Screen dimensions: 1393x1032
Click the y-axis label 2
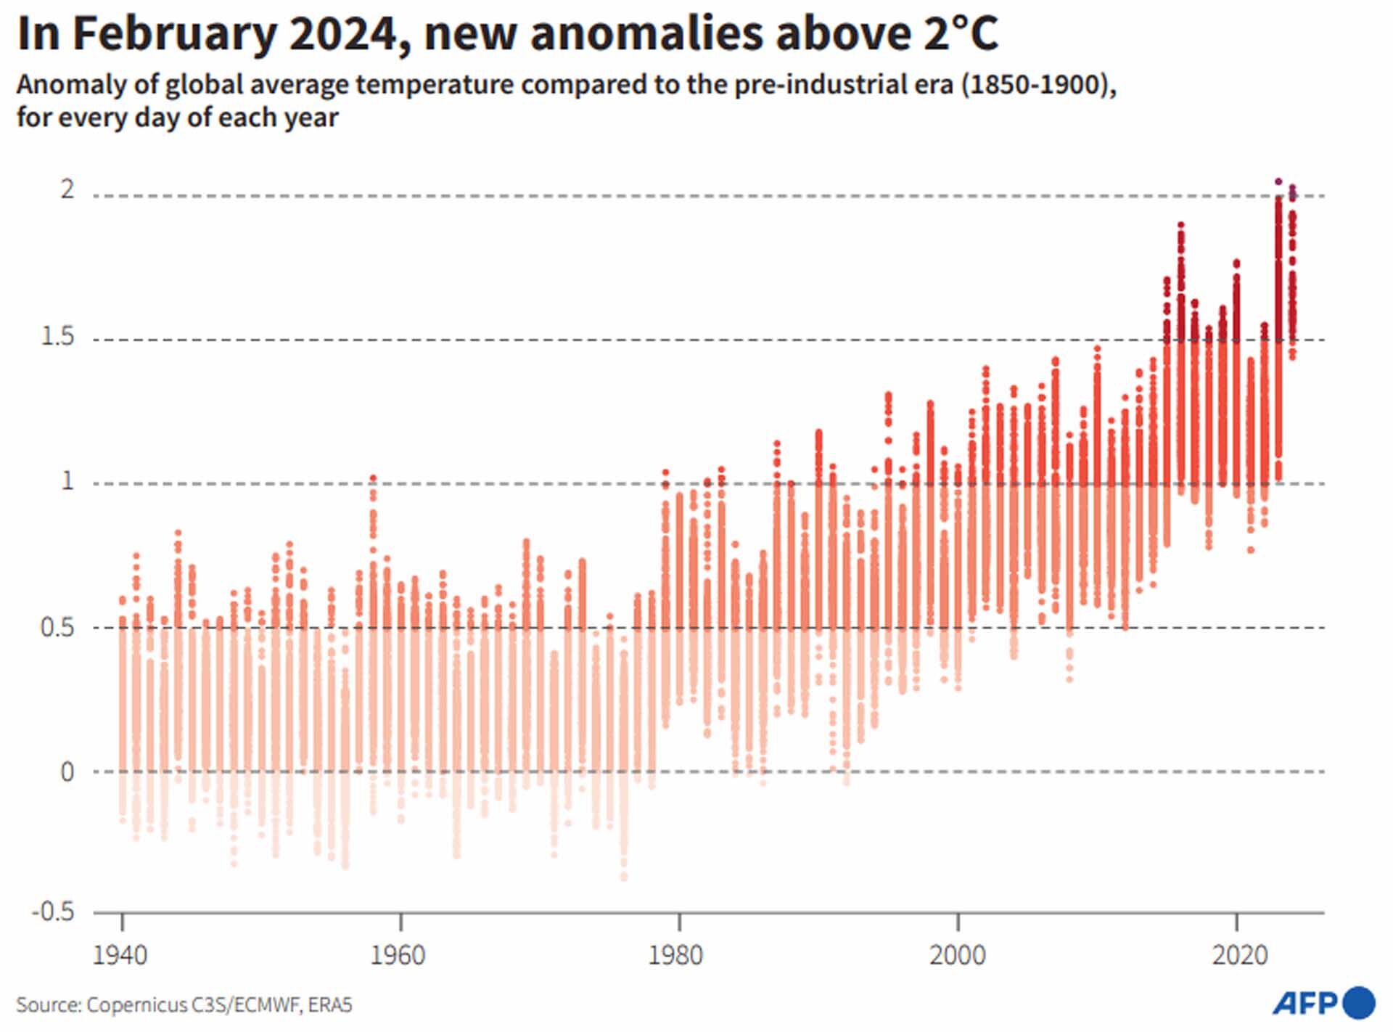(67, 189)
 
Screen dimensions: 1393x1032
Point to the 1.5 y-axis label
(57, 337)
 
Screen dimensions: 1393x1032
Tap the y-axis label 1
(68, 480)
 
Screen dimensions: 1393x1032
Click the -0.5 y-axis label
(53, 911)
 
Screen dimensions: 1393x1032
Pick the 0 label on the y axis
(67, 771)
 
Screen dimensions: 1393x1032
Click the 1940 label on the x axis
(120, 955)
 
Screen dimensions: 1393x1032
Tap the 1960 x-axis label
(398, 955)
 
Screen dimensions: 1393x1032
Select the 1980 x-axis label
(676, 955)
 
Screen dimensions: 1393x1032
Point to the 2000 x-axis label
(958, 955)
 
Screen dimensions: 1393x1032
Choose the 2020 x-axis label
(1239, 955)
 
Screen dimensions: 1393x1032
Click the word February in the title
(175, 34)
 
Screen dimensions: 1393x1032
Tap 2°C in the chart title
(961, 33)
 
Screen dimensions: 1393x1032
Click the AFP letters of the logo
(1304, 1004)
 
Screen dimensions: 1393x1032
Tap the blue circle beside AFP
(1359, 1003)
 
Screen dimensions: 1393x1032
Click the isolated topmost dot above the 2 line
(1278, 181)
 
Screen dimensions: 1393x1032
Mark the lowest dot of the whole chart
(624, 877)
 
